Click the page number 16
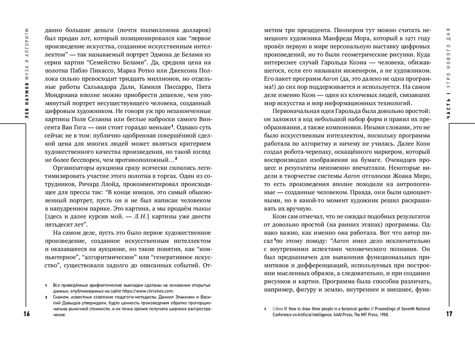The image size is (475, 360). coord(12,314)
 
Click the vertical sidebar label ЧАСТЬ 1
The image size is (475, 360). coord(449,104)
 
